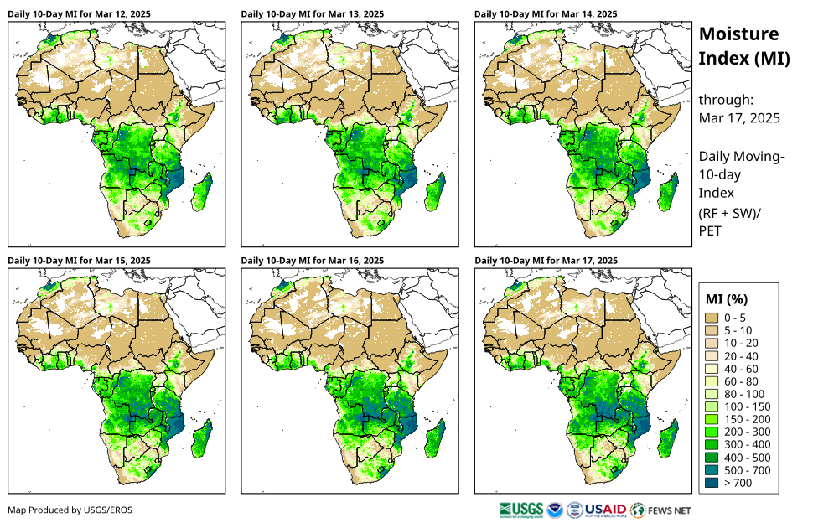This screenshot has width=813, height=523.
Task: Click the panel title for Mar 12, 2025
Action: coord(80,13)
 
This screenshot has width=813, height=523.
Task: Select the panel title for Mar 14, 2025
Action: coord(546,13)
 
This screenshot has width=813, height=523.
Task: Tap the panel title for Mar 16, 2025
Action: coord(313,261)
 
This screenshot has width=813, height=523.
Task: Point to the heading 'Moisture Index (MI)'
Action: coord(744,46)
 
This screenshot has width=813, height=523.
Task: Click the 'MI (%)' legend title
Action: coord(727,298)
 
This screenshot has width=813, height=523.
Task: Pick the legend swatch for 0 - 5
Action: coord(713,318)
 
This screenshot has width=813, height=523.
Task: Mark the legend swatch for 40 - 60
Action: coord(713,369)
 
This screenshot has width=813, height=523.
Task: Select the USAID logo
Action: coord(603,509)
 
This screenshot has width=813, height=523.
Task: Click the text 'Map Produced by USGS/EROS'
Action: coord(70,510)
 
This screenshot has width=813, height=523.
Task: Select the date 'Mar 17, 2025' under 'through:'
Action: coord(739,118)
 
